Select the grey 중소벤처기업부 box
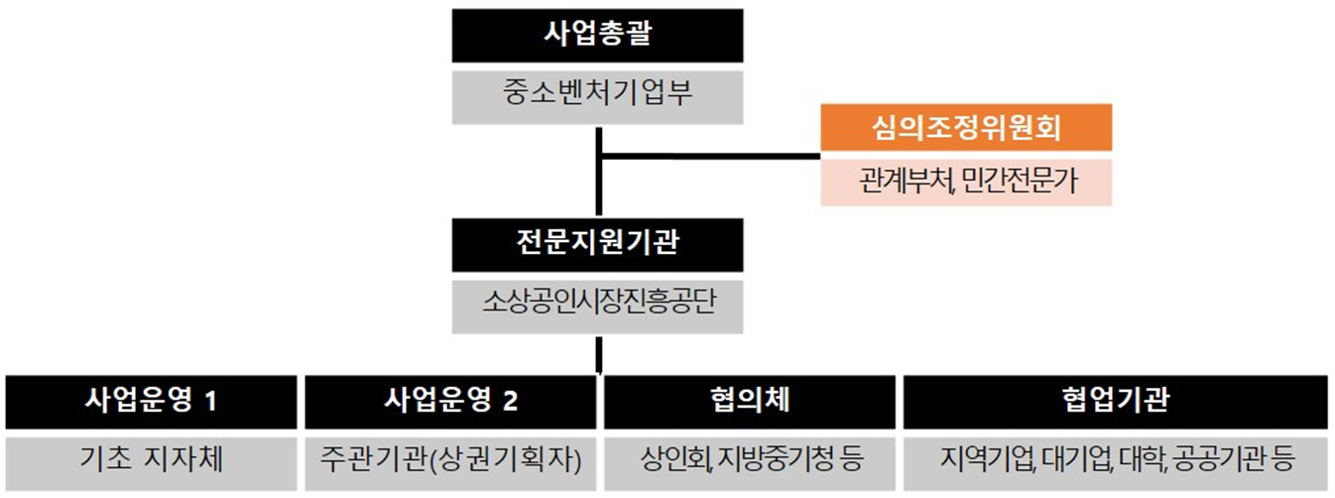[x=598, y=96]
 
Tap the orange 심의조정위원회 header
[x=966, y=127]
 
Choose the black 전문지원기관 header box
[x=598, y=244]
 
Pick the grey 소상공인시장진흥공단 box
[x=598, y=304]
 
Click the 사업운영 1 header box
[x=151, y=401]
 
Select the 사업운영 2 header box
[x=450, y=401]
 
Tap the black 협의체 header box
[x=750, y=401]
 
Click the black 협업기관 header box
[x=1114, y=401]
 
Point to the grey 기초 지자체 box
[x=151, y=460]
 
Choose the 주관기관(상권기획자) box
[x=450, y=460]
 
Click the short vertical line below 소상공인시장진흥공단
[x=598, y=354]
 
